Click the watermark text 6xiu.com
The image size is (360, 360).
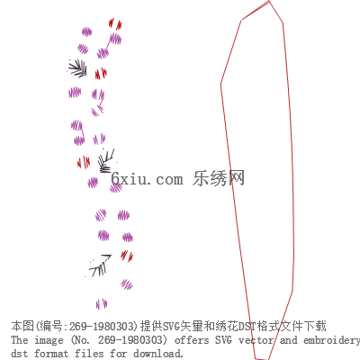147,179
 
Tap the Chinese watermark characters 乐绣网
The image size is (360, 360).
219,178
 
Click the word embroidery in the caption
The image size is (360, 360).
331,341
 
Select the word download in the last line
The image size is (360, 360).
157,354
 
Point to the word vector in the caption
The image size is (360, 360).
256,340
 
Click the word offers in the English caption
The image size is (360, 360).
192,340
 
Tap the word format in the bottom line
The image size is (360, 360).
51,354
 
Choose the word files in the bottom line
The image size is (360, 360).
88,354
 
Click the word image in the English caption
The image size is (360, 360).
49,340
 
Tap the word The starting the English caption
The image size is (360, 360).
20,340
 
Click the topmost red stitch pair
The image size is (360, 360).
115,23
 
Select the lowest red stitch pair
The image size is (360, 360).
127,256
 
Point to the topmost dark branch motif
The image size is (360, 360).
77,68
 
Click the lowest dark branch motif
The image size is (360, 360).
99,265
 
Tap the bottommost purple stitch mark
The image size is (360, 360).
102,304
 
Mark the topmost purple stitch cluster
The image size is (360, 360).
86,31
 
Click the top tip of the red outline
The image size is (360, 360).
269,1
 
